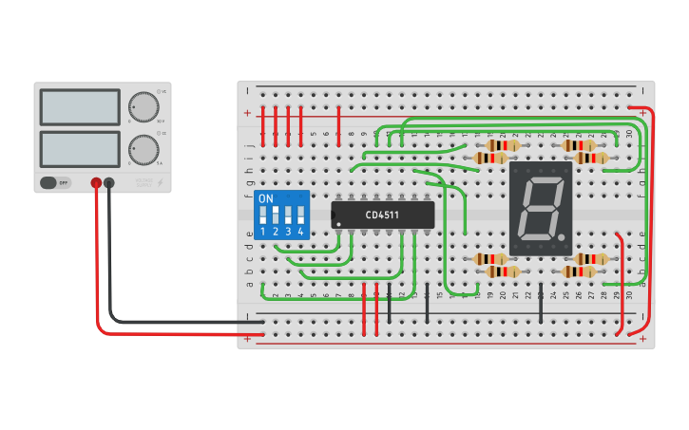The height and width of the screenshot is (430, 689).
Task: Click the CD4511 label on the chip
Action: [x=382, y=215]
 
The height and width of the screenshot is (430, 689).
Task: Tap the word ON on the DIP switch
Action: [x=266, y=199]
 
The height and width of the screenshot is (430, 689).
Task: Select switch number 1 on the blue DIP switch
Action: [x=263, y=215]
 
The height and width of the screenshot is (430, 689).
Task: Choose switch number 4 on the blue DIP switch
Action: [x=300, y=215]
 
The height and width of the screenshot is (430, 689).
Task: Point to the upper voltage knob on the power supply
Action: [x=143, y=106]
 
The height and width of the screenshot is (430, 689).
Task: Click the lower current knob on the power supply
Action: [x=143, y=150]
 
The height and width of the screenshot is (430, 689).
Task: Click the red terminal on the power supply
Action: [x=96, y=182]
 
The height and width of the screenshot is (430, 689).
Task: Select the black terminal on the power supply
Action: [x=109, y=182]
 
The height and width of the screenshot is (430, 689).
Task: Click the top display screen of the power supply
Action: [x=80, y=107]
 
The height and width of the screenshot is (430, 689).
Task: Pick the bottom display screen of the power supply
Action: [x=80, y=150]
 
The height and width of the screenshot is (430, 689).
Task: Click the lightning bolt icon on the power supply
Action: [x=161, y=181]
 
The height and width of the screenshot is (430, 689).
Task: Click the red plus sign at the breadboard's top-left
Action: [x=248, y=113]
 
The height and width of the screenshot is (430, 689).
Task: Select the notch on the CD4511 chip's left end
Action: [x=335, y=215]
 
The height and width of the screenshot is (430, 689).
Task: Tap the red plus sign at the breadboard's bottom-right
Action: [x=643, y=338]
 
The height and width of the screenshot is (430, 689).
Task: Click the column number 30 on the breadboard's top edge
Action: [x=629, y=133]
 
